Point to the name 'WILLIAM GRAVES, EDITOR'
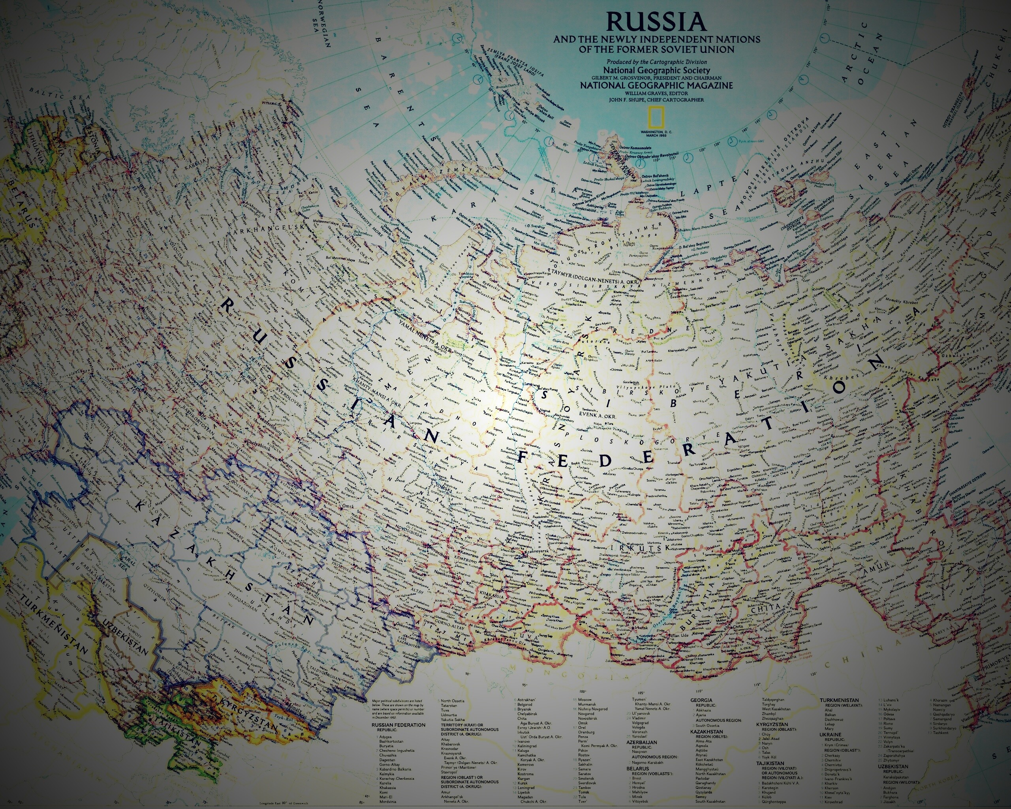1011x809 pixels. coord(656,93)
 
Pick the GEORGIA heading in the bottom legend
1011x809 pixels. coord(701,700)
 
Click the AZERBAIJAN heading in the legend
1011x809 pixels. coord(643,742)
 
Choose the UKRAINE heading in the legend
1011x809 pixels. coord(831,734)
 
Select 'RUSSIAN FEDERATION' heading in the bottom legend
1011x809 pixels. coord(398,724)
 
